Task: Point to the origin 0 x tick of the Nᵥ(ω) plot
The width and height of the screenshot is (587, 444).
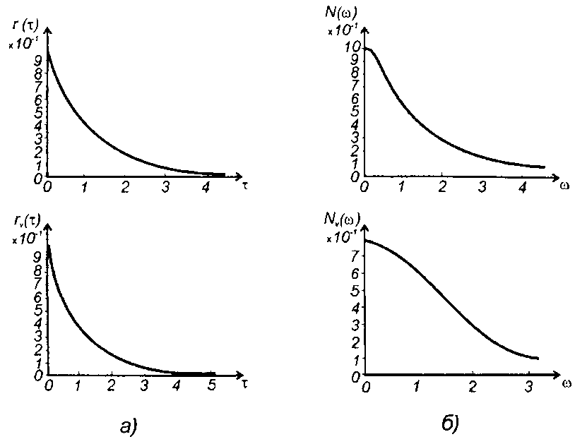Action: pos(365,387)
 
